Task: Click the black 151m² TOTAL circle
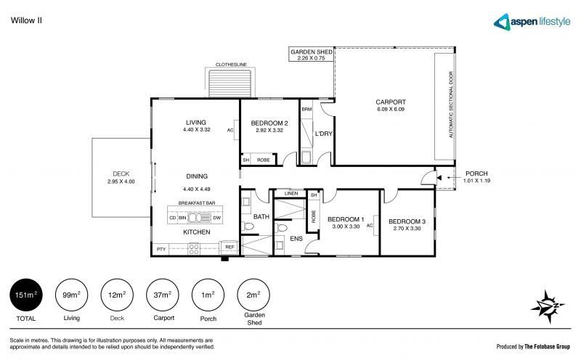point(27,295)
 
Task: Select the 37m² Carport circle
point(163,295)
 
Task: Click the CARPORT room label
point(390,102)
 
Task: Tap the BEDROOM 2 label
point(270,124)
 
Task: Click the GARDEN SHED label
point(312,53)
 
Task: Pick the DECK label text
point(121,173)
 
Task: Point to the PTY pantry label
point(161,249)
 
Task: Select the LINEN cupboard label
point(290,194)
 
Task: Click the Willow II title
point(27,21)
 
